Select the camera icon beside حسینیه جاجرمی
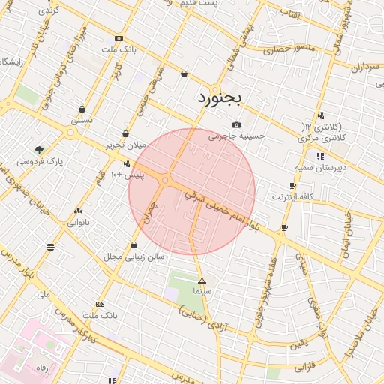[x=237, y=124]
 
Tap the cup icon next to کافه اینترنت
[x=292, y=185]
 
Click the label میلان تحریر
[x=124, y=145]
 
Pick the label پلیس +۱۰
[x=127, y=175]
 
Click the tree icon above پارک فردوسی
[x=39, y=150]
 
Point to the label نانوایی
[x=79, y=222]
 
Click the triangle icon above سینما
[x=202, y=280]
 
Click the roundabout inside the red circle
[x=165, y=181]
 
